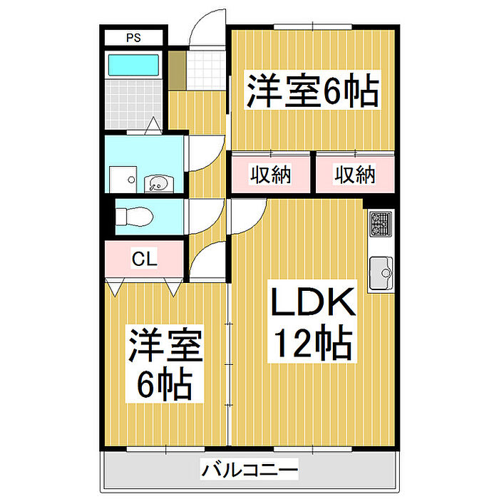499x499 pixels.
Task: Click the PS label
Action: (x=133, y=38)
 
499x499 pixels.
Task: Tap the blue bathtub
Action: (x=133, y=65)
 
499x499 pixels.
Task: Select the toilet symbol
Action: (x=134, y=217)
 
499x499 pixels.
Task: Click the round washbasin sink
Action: (x=159, y=184)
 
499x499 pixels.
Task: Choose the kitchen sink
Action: (x=381, y=273)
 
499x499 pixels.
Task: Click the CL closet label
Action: (x=145, y=259)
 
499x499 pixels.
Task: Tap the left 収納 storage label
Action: (x=270, y=175)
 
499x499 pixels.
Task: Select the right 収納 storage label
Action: (x=355, y=175)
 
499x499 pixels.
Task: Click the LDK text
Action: (x=312, y=302)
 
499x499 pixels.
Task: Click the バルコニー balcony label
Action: (x=250, y=469)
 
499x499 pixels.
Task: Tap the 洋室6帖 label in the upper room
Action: (x=312, y=90)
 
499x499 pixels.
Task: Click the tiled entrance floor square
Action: (x=206, y=71)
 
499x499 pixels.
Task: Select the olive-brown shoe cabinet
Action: (x=177, y=71)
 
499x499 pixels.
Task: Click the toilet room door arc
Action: (x=211, y=222)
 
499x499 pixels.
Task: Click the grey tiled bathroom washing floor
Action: (x=134, y=104)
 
